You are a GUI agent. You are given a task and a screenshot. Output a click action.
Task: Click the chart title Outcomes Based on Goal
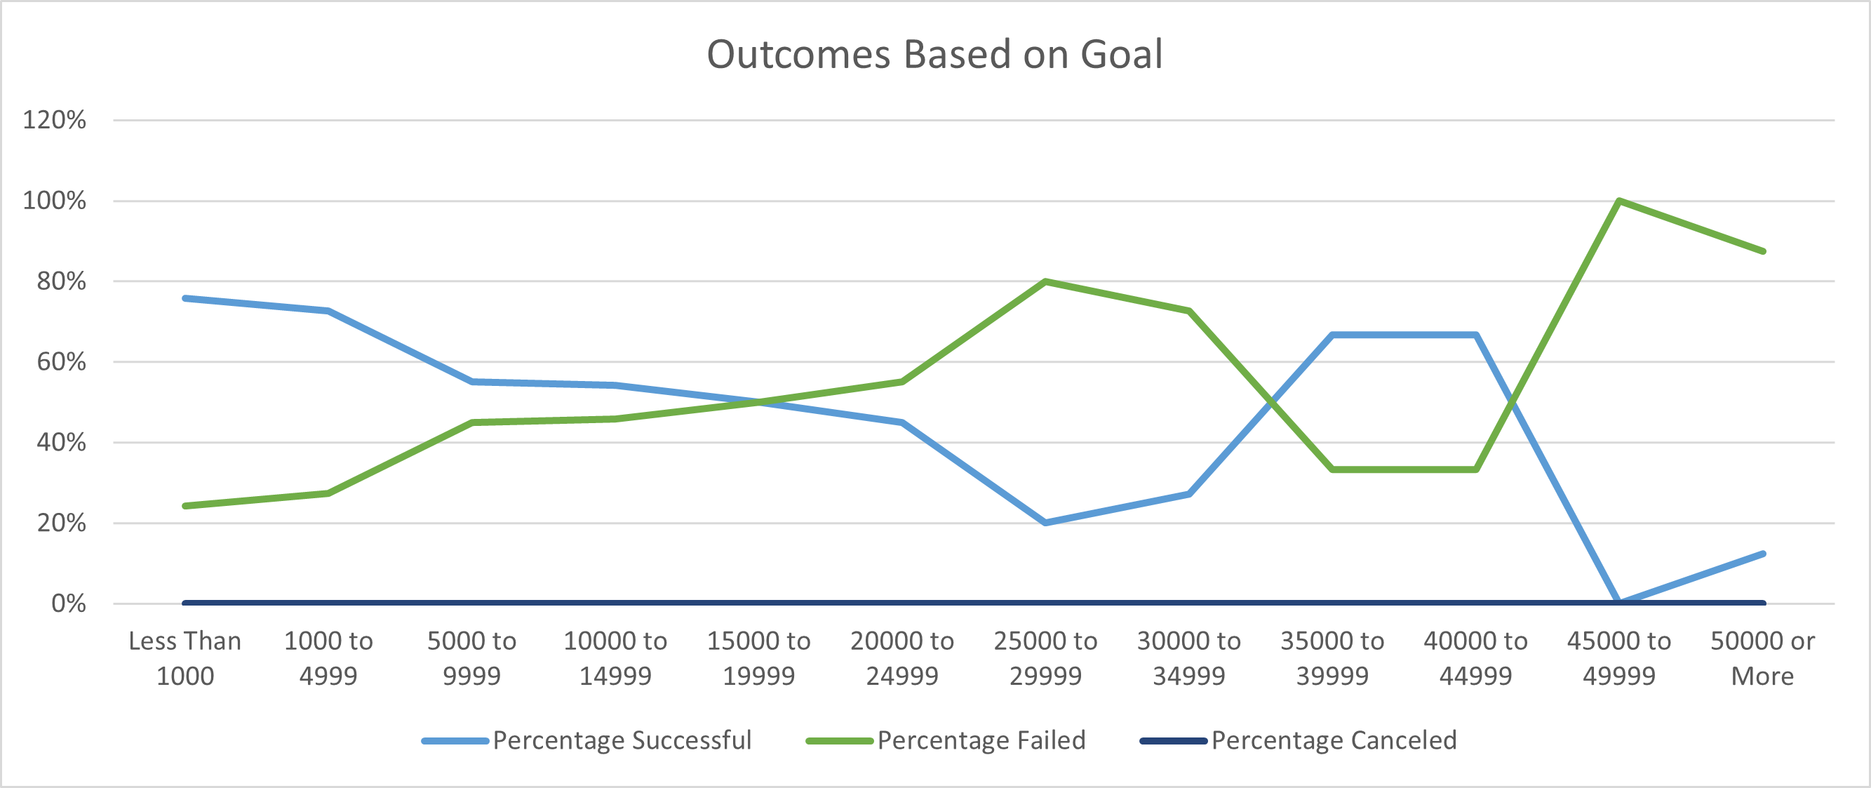(934, 55)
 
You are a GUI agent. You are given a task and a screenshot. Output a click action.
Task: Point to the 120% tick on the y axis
(55, 120)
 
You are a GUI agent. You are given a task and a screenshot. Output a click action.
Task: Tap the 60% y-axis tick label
(61, 361)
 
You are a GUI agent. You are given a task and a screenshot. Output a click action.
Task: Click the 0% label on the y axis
(68, 603)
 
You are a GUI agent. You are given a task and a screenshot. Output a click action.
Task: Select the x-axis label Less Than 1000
(185, 658)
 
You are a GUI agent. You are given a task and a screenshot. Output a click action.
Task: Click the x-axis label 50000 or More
(1762, 658)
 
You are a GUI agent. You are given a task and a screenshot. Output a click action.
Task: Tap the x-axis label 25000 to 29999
(1045, 658)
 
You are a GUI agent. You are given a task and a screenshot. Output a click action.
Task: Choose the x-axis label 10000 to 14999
(615, 658)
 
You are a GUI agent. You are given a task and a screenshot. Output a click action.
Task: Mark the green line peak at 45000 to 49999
(1619, 201)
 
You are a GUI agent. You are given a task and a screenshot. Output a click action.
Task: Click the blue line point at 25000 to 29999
(1045, 523)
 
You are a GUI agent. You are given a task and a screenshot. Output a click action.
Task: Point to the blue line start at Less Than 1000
(186, 298)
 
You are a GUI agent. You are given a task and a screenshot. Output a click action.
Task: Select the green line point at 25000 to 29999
(1045, 281)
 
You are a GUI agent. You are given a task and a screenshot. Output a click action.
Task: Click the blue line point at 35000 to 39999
(1332, 335)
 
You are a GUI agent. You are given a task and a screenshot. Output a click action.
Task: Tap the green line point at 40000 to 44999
(1476, 469)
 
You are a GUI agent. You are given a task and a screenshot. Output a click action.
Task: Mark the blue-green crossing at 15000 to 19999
(759, 401)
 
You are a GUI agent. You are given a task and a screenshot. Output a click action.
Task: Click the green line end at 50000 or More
(1763, 251)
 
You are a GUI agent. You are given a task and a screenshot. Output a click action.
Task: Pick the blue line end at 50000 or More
(1763, 554)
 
